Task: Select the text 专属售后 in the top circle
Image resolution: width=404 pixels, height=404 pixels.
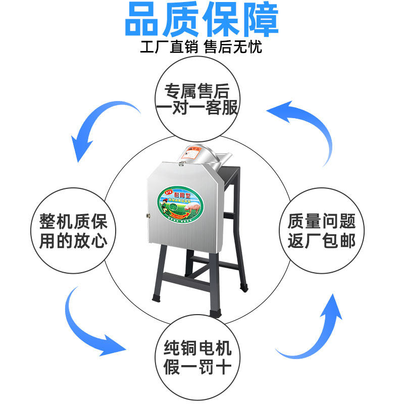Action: pyautogui.click(x=197, y=91)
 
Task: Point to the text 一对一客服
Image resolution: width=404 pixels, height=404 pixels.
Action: pyautogui.click(x=197, y=108)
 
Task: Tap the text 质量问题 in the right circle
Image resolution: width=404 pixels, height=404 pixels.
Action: pyautogui.click(x=322, y=221)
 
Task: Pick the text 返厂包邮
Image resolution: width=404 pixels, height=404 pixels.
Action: pyautogui.click(x=322, y=240)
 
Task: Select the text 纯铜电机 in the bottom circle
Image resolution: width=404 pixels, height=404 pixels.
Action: pyautogui.click(x=197, y=348)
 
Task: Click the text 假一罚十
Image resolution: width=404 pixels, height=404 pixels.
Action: pyautogui.click(x=197, y=366)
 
